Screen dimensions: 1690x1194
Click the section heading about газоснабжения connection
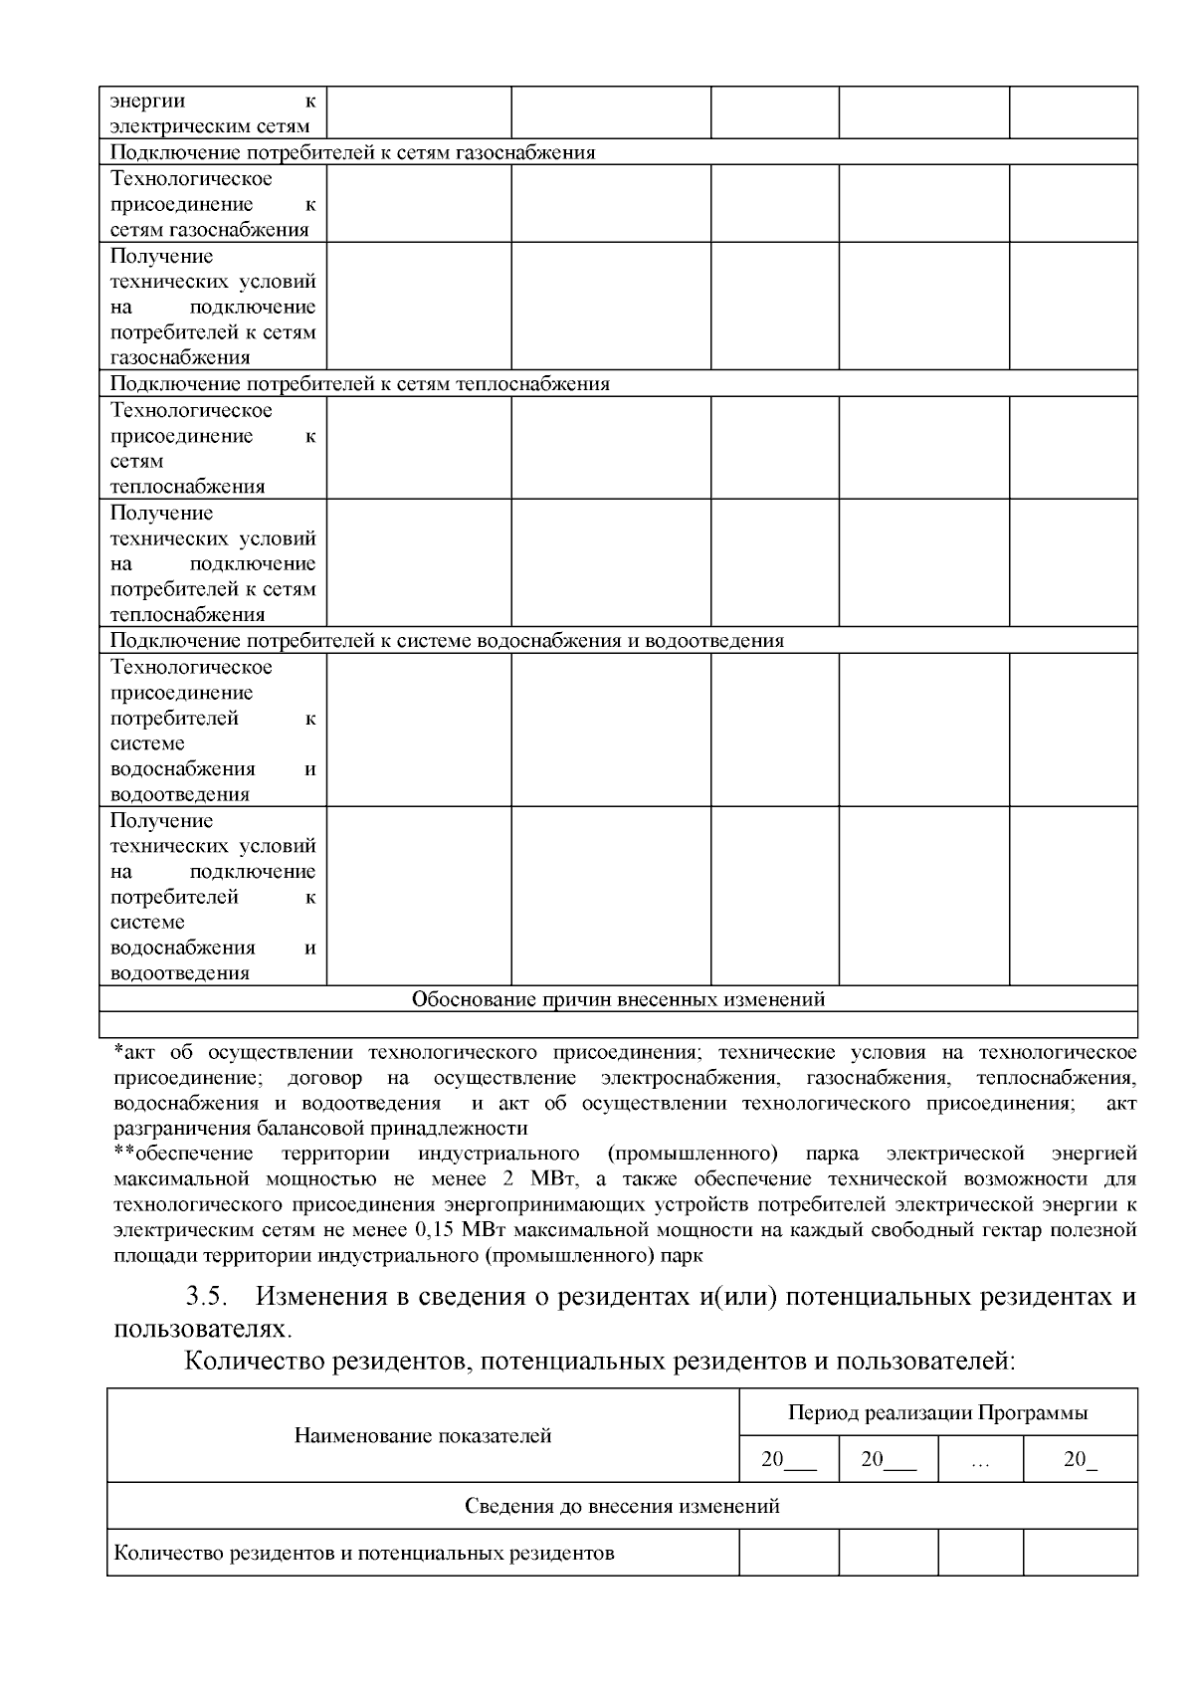click(x=352, y=152)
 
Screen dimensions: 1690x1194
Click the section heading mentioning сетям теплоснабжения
click(x=359, y=384)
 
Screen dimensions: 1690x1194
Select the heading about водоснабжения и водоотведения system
click(x=447, y=640)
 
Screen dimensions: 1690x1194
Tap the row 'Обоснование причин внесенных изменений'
click(x=618, y=998)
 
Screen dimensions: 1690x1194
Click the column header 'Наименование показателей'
click(x=423, y=1435)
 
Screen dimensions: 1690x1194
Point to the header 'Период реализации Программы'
click(x=937, y=1412)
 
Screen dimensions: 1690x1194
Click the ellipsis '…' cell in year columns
click(x=980, y=1460)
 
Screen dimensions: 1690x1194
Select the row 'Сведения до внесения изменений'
click(x=622, y=1506)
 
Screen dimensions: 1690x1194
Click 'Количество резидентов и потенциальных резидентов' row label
click(x=364, y=1553)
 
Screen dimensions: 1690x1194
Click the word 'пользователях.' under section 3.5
click(x=204, y=1329)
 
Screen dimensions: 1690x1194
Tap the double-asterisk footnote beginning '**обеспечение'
click(x=184, y=1154)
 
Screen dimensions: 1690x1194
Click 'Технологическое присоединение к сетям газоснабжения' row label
click(x=212, y=204)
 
